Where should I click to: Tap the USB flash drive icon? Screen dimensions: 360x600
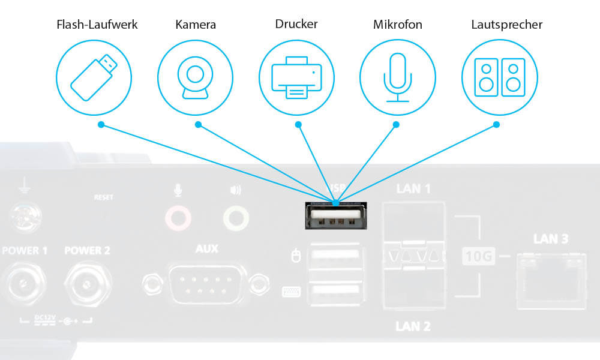coord(93,77)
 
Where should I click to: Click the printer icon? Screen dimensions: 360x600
coord(296,77)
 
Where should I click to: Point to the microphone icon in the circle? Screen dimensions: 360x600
coord(397,77)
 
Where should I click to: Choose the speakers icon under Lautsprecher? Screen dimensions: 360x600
coord(499,77)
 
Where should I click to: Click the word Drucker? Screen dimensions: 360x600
coord(296,25)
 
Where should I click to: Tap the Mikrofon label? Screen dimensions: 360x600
coord(397,25)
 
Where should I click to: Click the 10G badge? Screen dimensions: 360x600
coord(479,257)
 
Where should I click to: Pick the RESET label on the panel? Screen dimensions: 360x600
coord(103,197)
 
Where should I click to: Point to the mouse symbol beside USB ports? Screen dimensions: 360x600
coord(294,257)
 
